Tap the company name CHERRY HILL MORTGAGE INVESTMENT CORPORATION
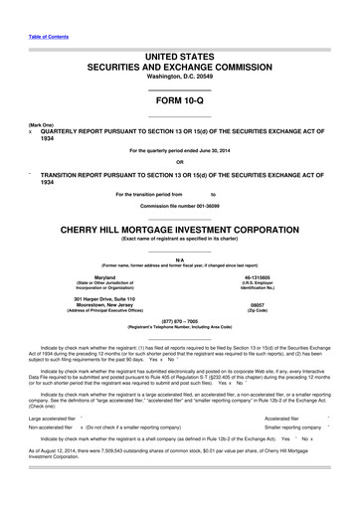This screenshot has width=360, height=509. (179, 228)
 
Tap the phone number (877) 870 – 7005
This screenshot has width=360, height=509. (179, 321)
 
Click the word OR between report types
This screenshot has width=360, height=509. (179, 162)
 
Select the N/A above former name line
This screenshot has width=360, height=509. (179, 257)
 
